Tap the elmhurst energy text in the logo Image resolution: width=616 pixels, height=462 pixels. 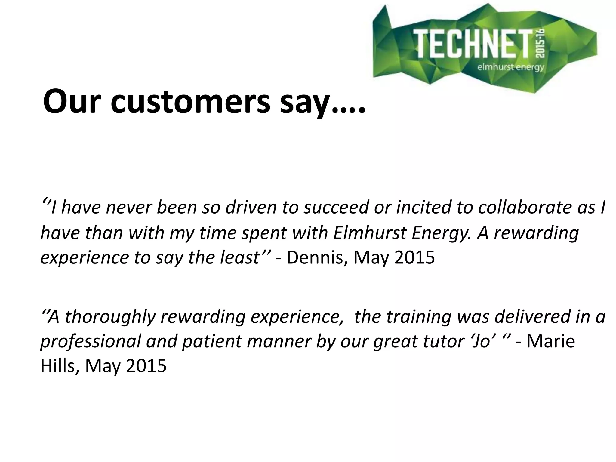point(511,67)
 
